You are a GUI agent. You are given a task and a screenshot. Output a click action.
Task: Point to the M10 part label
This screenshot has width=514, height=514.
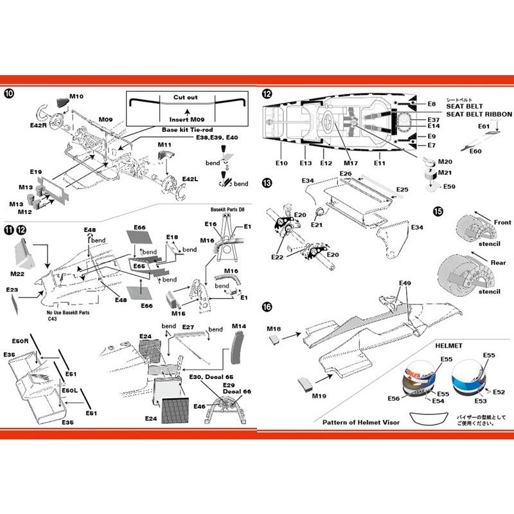pos(76,96)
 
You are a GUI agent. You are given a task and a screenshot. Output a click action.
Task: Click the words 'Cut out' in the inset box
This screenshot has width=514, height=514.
pos(186,97)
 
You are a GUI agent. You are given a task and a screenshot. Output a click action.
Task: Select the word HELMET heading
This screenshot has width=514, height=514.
pos(449,344)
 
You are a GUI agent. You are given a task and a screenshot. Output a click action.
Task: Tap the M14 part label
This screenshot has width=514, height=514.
pos(238,326)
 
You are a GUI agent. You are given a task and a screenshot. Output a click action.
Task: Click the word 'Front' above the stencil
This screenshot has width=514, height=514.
pos(503,222)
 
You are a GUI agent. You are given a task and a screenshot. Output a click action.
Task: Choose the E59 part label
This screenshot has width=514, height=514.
pos(450,186)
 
